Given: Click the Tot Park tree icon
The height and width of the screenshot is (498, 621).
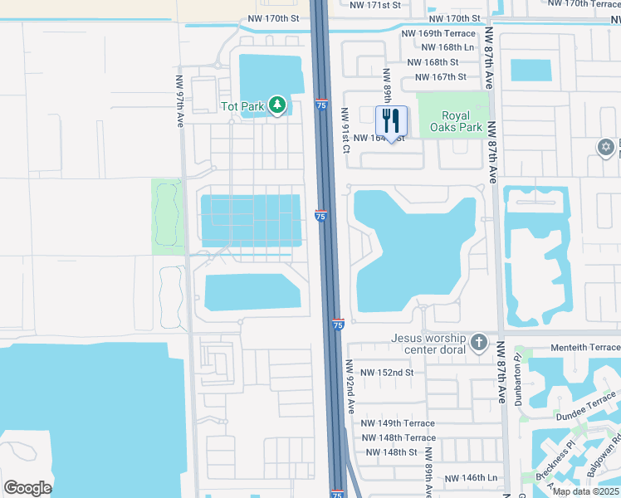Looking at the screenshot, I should [x=277, y=105].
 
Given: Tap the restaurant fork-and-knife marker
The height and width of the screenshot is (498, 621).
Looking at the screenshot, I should [x=392, y=121].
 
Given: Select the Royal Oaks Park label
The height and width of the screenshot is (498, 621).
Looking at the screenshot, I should [x=461, y=122].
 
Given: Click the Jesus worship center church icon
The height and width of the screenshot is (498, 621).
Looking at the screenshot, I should [x=478, y=343].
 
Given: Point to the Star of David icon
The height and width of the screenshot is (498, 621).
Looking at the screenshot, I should [x=605, y=147].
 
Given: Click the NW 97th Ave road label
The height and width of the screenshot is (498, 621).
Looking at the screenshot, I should [x=178, y=102].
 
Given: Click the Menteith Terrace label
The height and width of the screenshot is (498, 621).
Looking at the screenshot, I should [x=584, y=347].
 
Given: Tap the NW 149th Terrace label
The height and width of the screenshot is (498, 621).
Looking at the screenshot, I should [x=398, y=423].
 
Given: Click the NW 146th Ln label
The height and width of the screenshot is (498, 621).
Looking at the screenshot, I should [x=470, y=478].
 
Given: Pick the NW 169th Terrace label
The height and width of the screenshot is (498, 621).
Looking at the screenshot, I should [x=438, y=34].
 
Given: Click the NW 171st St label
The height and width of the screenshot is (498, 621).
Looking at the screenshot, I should [x=375, y=5].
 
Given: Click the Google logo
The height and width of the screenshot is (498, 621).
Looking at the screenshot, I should [x=27, y=488].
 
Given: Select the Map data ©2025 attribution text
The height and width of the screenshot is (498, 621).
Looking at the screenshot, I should [x=584, y=491].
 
